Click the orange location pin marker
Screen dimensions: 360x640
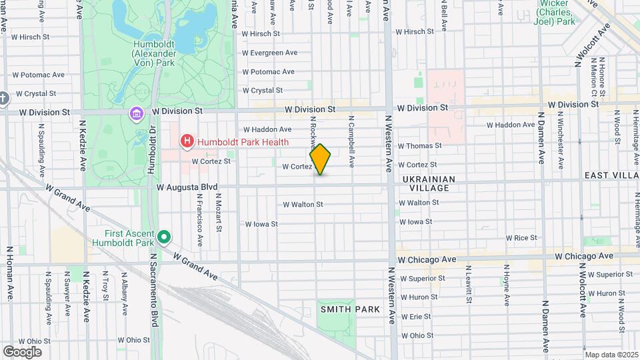[x=320, y=159]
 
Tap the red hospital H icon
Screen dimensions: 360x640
[x=187, y=141]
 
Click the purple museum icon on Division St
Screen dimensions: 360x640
[x=137, y=114]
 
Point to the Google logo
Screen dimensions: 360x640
[x=22, y=351]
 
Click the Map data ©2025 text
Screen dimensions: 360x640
[x=611, y=355]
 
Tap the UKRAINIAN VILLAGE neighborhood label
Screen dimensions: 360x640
[x=429, y=184]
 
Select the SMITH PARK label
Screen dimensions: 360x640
[x=350, y=309]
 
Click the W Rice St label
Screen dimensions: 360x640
[x=521, y=238]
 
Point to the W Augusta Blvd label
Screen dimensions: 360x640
[x=187, y=189]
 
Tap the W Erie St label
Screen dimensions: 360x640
[x=415, y=316]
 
